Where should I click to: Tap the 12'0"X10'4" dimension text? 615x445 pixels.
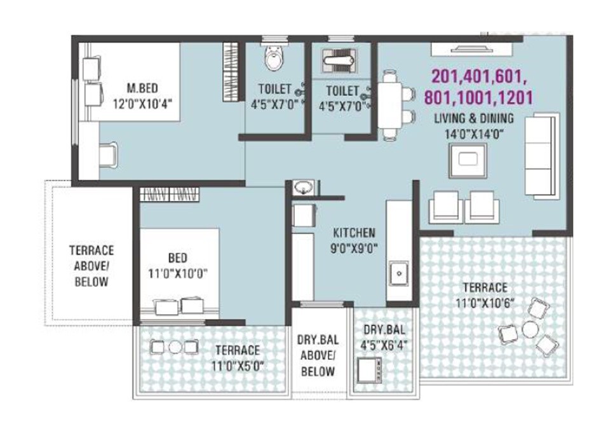(142, 102)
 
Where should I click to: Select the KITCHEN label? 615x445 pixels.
(354, 233)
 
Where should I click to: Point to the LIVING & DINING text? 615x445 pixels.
(474, 118)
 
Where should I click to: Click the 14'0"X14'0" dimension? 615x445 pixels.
(474, 133)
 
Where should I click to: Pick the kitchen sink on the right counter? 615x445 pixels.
(398, 272)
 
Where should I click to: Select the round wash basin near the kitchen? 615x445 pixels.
(303, 188)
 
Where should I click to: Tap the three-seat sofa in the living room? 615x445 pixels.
(541, 155)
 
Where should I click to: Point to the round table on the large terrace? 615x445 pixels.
(529, 330)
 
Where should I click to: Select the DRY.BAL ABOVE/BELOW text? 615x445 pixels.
(318, 353)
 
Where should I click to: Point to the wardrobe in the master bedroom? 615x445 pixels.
(230, 66)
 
